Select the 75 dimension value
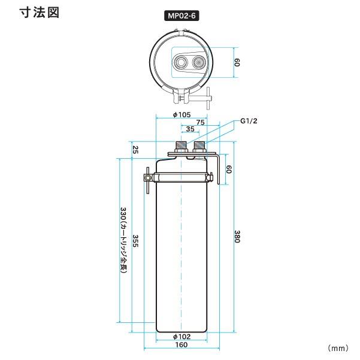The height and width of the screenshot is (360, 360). click(x=200, y=122)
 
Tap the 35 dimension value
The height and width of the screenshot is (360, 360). click(x=190, y=129)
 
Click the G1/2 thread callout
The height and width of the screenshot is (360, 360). click(x=249, y=121)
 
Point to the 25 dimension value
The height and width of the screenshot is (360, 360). click(x=135, y=149)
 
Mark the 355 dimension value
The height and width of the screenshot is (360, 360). click(x=135, y=242)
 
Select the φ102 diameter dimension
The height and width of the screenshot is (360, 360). click(x=181, y=336)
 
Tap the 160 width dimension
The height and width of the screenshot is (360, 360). click(x=181, y=344)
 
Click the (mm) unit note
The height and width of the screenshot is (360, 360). click(x=338, y=347)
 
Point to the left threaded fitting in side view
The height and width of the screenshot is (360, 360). click(x=180, y=147)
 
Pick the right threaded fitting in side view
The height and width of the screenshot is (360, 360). click(x=199, y=147)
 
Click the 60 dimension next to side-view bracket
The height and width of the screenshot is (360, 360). click(x=228, y=170)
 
